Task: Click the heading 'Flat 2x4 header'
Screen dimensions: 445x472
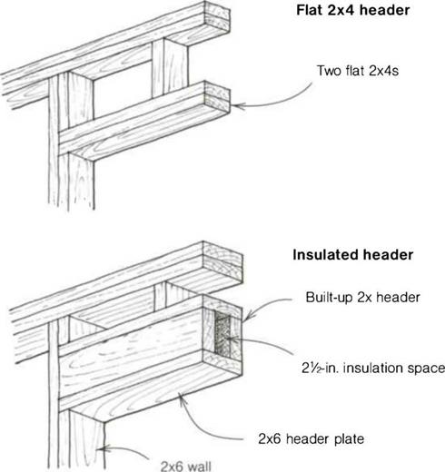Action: click(352, 10)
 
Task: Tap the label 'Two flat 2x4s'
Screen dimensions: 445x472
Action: click(358, 71)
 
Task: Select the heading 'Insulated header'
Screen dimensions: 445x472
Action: click(352, 255)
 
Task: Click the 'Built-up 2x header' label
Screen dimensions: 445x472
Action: click(362, 298)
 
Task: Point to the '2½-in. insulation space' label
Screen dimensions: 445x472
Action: click(373, 368)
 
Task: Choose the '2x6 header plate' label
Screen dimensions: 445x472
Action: click(311, 438)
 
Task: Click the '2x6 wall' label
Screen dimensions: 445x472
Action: click(185, 466)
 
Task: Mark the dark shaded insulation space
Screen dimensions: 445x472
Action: click(222, 333)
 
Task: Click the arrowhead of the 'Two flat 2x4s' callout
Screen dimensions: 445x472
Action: click(234, 106)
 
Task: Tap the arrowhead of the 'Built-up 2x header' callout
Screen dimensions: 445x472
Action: click(246, 318)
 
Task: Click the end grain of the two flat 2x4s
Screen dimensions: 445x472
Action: click(217, 96)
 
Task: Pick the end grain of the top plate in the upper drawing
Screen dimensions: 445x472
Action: click(217, 15)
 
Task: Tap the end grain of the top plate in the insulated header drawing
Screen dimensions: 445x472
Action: click(222, 262)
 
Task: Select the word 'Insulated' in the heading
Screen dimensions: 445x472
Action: click(325, 255)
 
